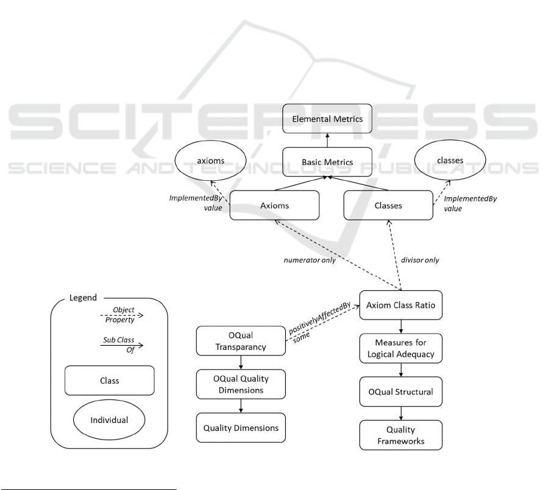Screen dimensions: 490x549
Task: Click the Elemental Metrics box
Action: (x=328, y=119)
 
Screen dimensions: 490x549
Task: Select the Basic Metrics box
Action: (x=328, y=163)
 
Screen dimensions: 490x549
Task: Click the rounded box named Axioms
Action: (x=275, y=205)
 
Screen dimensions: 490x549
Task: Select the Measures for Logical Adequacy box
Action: (x=400, y=348)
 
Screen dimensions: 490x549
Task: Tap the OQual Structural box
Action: (x=400, y=391)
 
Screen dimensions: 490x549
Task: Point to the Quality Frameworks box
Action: (x=400, y=435)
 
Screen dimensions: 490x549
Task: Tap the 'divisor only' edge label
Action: (x=421, y=260)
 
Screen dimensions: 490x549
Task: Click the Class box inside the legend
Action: (x=110, y=381)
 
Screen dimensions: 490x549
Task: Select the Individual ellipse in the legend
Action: (x=110, y=420)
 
